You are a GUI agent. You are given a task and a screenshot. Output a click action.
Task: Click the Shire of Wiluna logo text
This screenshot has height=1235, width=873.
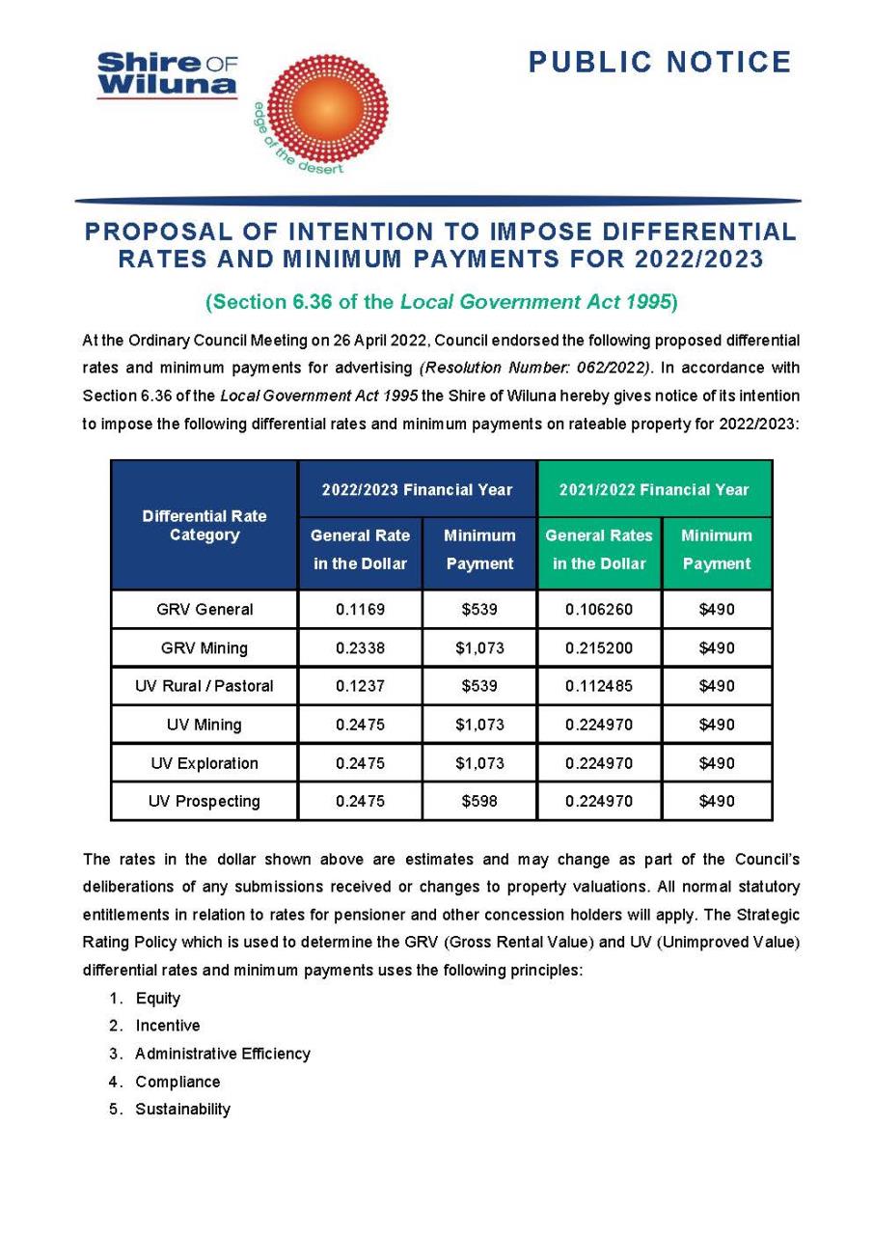tap(167, 75)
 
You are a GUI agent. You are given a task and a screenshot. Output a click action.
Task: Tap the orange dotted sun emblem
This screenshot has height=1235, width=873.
tap(326, 107)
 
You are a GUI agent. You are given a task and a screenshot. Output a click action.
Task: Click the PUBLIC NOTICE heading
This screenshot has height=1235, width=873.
tap(660, 63)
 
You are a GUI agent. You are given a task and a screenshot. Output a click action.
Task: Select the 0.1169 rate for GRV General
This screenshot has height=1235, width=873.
tap(360, 610)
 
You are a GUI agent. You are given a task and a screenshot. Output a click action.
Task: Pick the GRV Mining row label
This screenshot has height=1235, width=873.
tap(205, 648)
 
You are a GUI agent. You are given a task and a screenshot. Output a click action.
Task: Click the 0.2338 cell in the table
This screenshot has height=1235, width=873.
tap(360, 648)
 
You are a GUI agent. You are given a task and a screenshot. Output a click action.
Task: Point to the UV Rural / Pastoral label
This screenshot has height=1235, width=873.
tap(205, 686)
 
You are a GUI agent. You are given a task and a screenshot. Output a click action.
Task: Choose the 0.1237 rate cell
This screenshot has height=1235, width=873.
tap(360, 686)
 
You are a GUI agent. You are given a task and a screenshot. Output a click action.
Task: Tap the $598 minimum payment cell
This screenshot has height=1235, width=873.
tap(479, 801)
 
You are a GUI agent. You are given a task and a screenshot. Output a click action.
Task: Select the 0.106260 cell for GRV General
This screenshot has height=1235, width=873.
tap(599, 610)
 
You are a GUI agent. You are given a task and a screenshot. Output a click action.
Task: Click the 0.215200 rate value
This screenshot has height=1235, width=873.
tap(599, 648)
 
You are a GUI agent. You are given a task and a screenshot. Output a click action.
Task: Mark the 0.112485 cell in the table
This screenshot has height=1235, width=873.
tap(599, 686)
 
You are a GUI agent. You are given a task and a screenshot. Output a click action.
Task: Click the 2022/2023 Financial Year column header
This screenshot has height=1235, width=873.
tap(417, 489)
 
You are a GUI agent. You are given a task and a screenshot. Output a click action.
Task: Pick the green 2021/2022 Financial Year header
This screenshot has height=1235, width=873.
tap(654, 489)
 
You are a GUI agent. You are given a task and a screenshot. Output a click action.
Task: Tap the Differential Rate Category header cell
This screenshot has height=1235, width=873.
tap(205, 526)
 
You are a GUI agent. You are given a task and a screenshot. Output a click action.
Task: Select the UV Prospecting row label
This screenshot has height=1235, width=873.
tap(205, 801)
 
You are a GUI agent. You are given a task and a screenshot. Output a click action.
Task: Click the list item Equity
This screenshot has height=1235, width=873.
tap(158, 999)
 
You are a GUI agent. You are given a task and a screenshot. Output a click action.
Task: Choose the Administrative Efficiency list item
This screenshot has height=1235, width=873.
tap(223, 1054)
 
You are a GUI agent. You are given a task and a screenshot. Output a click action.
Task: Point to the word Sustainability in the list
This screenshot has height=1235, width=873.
tap(183, 1109)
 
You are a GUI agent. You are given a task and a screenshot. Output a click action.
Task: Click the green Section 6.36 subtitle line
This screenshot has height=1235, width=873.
tap(441, 302)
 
